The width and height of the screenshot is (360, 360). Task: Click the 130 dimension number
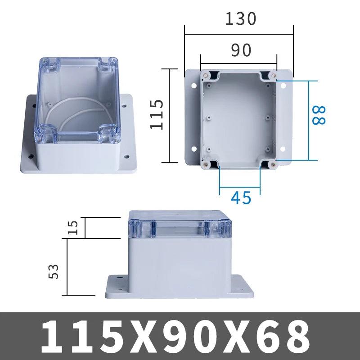[x=240, y=18]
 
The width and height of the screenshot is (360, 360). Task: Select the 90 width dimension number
[x=241, y=51]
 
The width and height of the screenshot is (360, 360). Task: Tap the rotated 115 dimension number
[x=156, y=115]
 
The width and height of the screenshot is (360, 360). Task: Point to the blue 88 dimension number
[x=319, y=115]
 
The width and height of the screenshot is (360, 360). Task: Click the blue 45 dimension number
[x=241, y=198]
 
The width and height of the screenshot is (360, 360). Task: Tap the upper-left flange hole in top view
[x=194, y=85]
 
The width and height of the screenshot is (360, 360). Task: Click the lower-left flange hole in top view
[x=194, y=148]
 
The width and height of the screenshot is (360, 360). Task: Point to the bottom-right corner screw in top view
[x=272, y=165]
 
